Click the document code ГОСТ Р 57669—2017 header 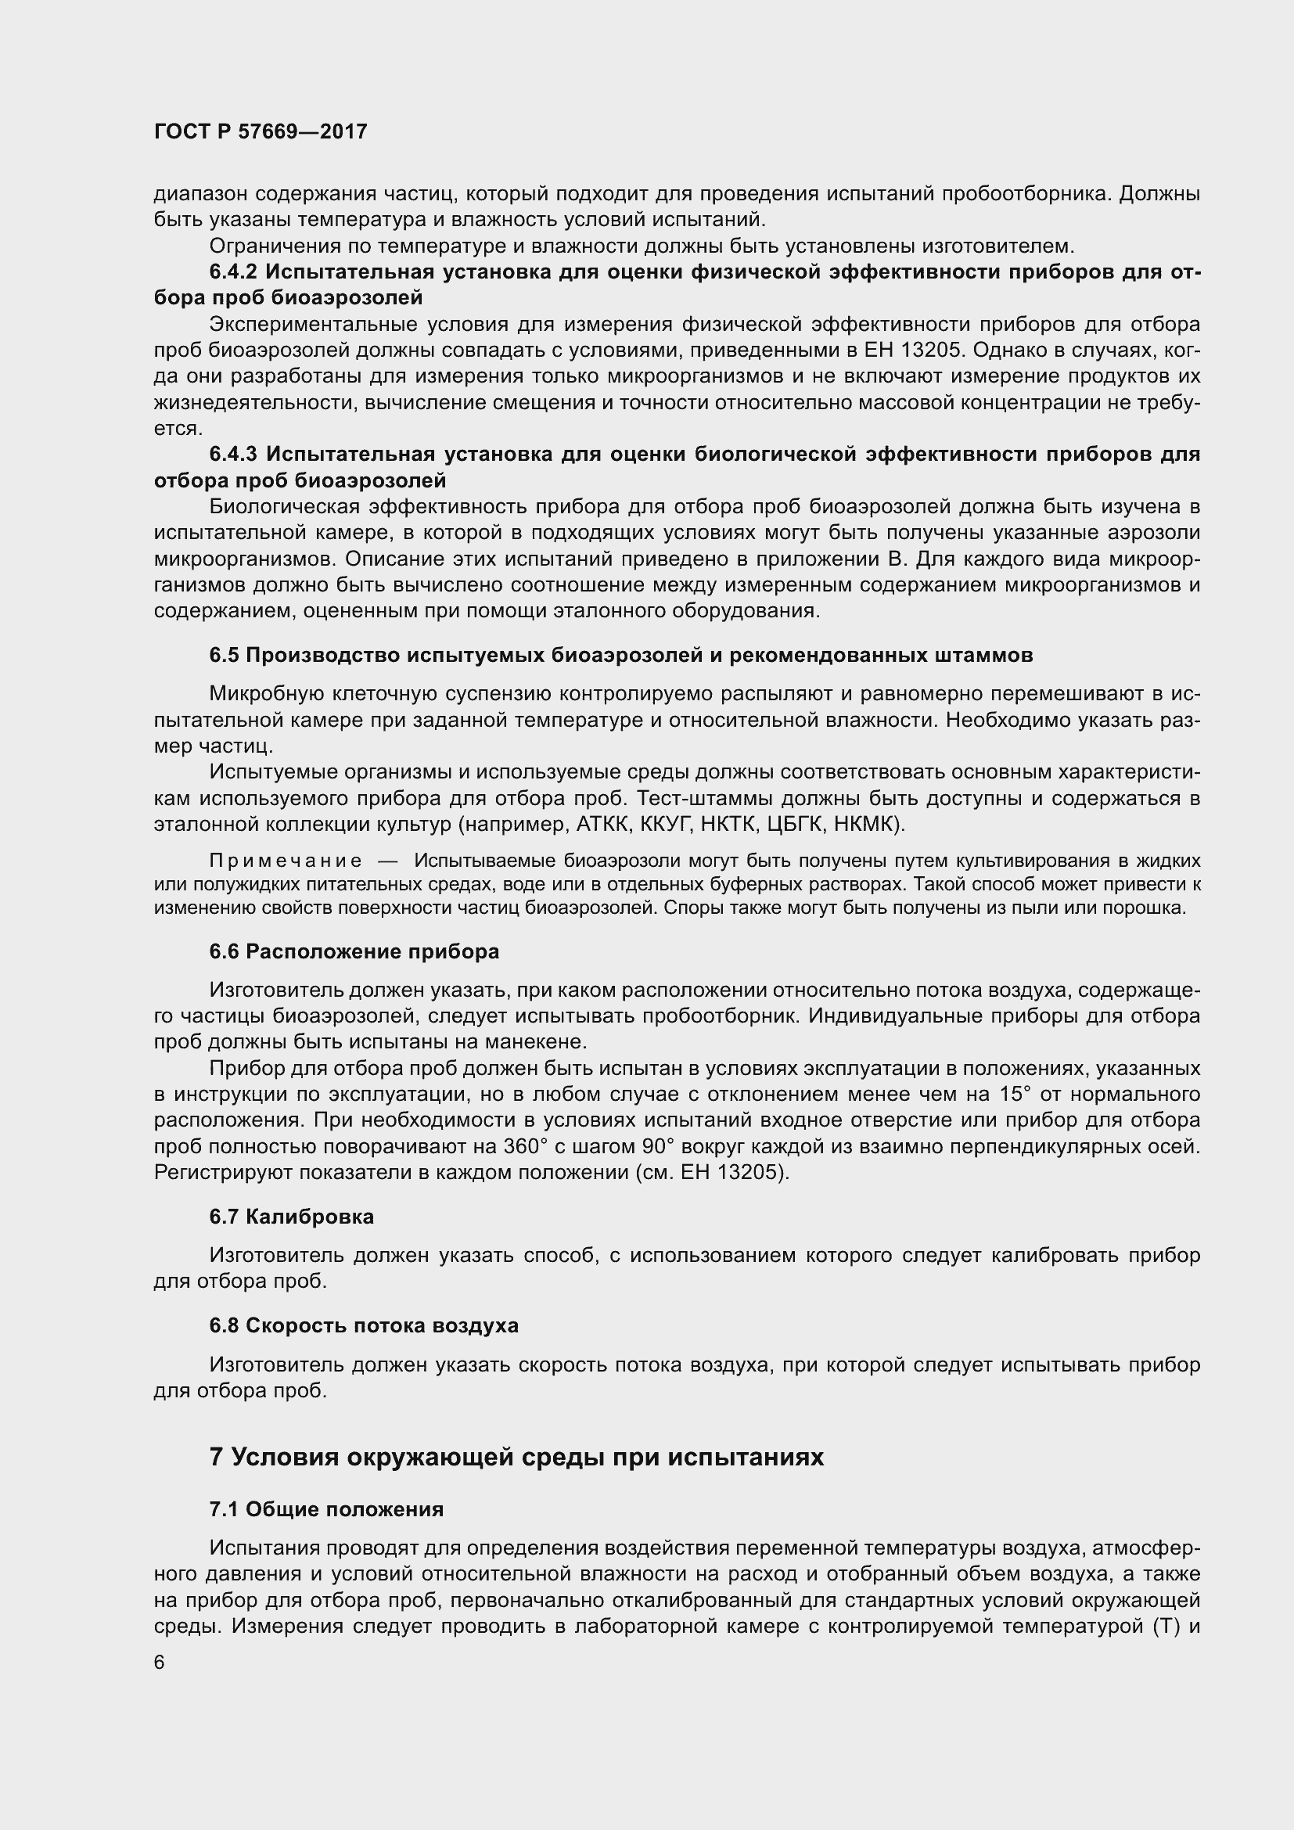[x=261, y=132]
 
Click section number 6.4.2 [x=232, y=271]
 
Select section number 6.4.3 [x=232, y=455]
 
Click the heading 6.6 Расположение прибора [x=354, y=951]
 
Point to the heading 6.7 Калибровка [x=291, y=1217]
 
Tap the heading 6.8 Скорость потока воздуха [x=363, y=1325]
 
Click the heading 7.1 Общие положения [x=326, y=1508]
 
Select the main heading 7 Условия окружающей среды [x=516, y=1457]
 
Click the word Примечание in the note [x=286, y=861]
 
